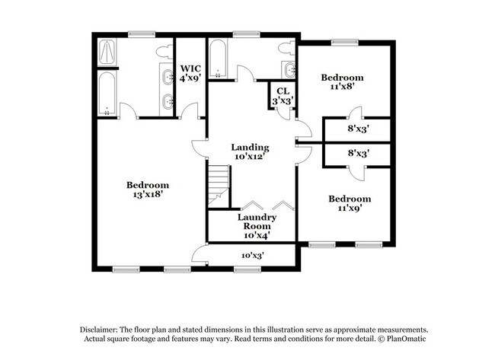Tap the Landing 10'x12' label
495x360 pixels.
coord(251,152)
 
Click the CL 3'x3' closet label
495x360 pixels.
coord(283,96)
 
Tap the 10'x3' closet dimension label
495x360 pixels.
coord(252,256)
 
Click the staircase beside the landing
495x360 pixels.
coord(219,185)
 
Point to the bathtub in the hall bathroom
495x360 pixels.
coord(217,59)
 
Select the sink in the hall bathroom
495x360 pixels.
coord(290,71)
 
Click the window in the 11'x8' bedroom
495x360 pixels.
coord(340,42)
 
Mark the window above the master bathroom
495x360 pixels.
coord(141,33)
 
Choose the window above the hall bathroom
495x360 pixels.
coord(244,33)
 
